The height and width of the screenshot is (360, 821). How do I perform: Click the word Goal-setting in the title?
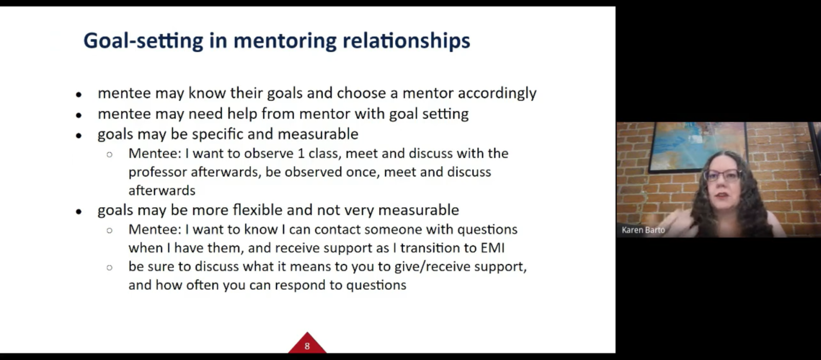tap(143, 41)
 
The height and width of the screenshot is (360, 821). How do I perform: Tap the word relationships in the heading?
tap(406, 41)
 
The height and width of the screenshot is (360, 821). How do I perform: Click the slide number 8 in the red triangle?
tap(307, 346)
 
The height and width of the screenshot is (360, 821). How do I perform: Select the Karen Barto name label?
tap(643, 230)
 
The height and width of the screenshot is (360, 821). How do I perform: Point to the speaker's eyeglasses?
tap(721, 176)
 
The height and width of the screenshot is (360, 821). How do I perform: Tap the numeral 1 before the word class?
tap(301, 153)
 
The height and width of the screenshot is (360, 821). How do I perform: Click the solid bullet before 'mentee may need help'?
tap(79, 115)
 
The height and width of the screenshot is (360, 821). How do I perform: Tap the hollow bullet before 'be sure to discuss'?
tap(109, 268)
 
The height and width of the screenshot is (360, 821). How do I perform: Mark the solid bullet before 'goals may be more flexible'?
tap(79, 212)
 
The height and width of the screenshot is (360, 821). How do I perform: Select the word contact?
tap(337, 230)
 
